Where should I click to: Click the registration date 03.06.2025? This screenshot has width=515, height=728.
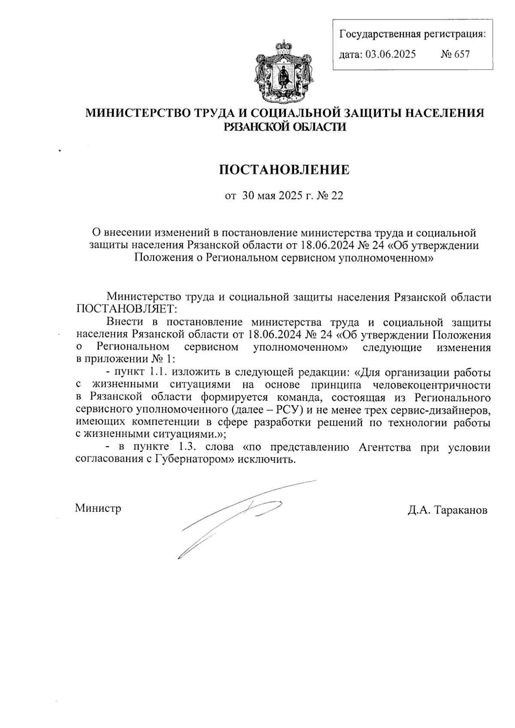click(x=391, y=54)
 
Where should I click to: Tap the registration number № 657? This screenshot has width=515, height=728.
click(x=456, y=54)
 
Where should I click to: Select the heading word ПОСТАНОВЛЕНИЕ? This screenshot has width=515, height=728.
click(x=285, y=170)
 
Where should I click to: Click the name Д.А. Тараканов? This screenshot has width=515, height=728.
click(x=448, y=510)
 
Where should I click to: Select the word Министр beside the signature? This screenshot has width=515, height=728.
click(x=98, y=508)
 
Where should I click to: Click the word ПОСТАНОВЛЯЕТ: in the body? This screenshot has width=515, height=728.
click(x=124, y=309)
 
